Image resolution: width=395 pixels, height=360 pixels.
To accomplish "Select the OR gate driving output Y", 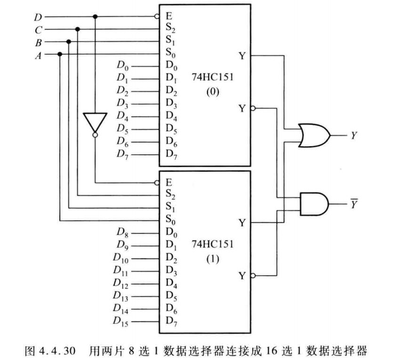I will pyautogui.click(x=314, y=136).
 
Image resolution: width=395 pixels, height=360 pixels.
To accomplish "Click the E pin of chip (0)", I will pyautogui.click(x=169, y=16).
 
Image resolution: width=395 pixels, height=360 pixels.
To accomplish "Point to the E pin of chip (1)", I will pyautogui.click(x=169, y=182).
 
